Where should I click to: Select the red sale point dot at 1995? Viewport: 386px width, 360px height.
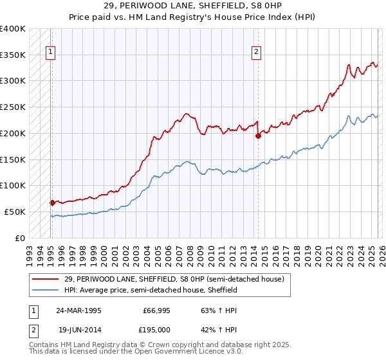52,203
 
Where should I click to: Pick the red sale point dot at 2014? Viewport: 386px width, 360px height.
258,136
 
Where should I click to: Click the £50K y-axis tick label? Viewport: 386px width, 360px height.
15,212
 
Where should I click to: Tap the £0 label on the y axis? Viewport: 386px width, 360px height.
21,238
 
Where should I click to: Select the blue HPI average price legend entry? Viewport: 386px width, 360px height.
151,290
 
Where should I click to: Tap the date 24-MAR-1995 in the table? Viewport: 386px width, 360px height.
80,310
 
